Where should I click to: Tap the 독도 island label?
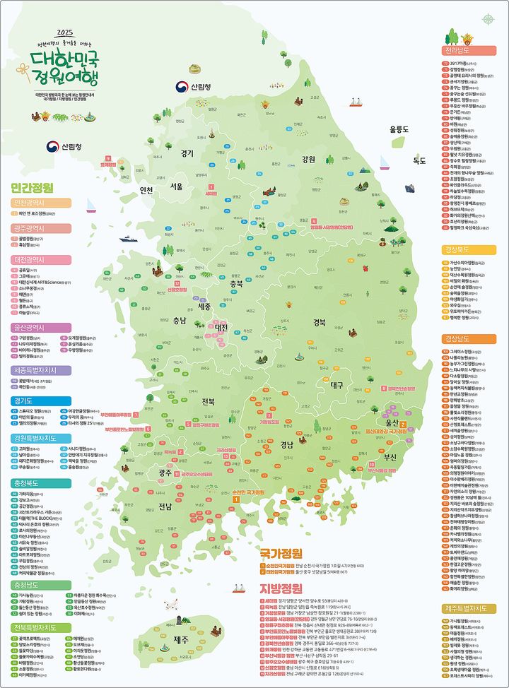(x=400, y=160)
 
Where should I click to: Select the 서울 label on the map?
(x=176, y=186)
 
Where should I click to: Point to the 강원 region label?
(x=288, y=159)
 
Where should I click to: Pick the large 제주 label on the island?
(x=181, y=638)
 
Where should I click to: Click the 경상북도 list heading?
(x=467, y=250)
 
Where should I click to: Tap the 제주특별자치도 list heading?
(x=467, y=608)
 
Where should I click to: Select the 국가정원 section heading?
(x=282, y=553)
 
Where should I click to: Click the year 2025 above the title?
(x=65, y=32)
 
